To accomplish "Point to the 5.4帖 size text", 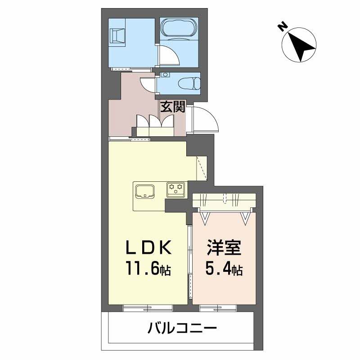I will [224, 270].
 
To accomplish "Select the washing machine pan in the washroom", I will [118, 35].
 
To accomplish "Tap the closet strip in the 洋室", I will [224, 200].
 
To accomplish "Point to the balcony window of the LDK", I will [148, 308].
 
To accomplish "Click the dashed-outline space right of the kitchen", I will [201, 167].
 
